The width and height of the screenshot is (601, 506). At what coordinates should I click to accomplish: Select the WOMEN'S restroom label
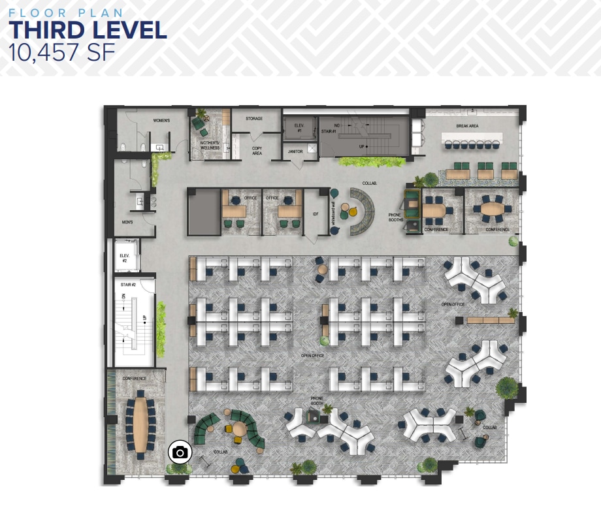click(x=161, y=121)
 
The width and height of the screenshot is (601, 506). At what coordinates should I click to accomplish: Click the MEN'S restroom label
click(x=127, y=222)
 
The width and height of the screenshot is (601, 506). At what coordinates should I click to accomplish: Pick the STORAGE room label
click(x=254, y=119)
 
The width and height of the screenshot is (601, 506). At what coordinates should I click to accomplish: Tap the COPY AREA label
click(x=257, y=151)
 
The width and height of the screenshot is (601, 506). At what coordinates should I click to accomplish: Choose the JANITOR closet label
click(x=295, y=151)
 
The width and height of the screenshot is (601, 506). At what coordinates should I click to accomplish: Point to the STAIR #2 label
click(x=128, y=285)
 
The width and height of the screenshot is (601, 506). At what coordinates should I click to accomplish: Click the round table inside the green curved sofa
click(x=238, y=429)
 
